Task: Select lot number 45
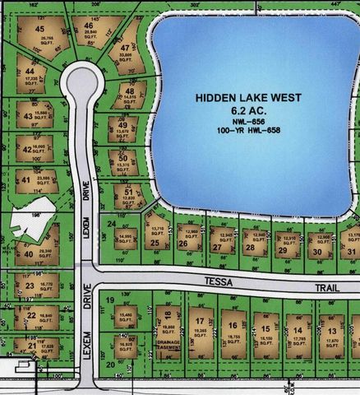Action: [39, 30]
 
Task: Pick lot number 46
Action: [88, 26]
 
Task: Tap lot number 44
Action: [30, 72]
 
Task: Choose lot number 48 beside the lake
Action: [130, 91]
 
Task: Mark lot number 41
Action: [25, 180]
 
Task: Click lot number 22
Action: [30, 315]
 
